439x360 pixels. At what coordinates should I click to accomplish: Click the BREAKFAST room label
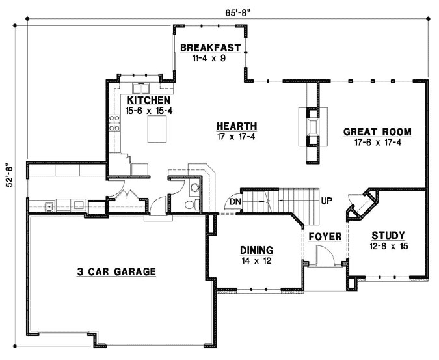tap(211, 48)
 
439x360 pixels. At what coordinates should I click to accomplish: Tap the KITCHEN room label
tap(149, 100)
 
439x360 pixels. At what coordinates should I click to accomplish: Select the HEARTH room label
tap(237, 126)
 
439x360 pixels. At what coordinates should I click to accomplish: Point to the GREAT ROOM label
tap(377, 132)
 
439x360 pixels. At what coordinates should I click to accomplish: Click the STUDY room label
tap(388, 236)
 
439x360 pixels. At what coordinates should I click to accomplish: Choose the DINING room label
tap(256, 250)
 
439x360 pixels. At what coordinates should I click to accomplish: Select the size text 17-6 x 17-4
tap(377, 142)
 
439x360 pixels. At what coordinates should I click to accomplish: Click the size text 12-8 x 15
tap(388, 246)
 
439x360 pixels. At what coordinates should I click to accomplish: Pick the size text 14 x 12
tap(256, 260)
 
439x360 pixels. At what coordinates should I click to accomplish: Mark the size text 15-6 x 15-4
tap(149, 111)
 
